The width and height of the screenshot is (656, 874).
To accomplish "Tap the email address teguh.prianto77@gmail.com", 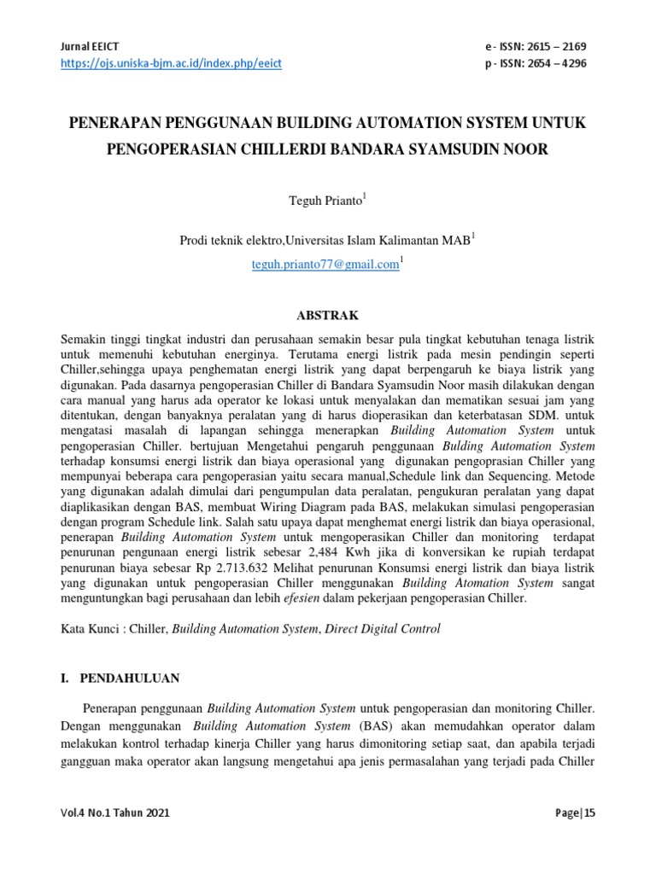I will pyautogui.click(x=325, y=265).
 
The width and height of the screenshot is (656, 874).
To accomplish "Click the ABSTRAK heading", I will pyautogui.click(x=327, y=315).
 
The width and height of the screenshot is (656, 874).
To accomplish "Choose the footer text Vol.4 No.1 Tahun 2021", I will pyautogui.click(x=115, y=813).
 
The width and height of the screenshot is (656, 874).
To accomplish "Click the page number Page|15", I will pyautogui.click(x=574, y=813).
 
